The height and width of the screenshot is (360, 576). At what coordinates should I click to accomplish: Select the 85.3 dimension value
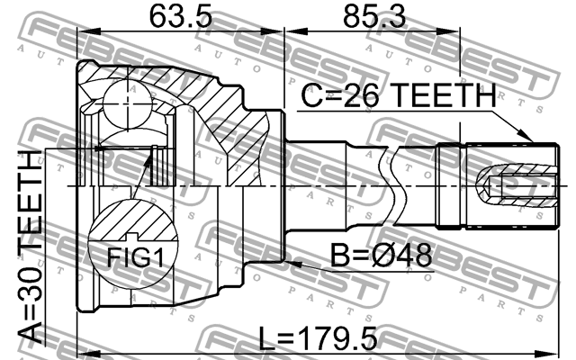tap(373, 16)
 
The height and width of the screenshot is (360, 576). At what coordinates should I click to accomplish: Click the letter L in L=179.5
tap(268, 339)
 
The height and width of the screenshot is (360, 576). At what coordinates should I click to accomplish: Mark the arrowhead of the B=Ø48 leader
tap(290, 263)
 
